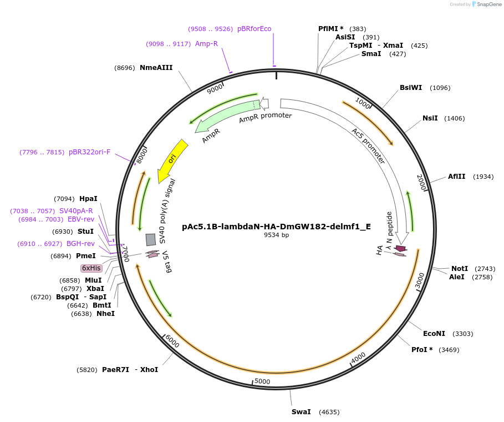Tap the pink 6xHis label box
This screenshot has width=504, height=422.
(91, 268)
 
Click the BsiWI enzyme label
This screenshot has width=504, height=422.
(411, 88)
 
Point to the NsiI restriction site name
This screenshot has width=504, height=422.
(430, 118)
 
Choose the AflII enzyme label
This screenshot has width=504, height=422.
(456, 177)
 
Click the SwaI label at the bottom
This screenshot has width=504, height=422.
(301, 412)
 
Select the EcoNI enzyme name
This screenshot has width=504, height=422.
(434, 334)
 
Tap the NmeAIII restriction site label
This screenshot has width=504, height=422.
(156, 68)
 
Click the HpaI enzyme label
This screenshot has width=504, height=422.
(88, 199)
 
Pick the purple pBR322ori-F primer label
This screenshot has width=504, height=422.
(89, 152)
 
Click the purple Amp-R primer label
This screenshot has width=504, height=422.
(206, 44)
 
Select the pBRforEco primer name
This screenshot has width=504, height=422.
(254, 29)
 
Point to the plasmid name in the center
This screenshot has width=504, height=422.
(276, 227)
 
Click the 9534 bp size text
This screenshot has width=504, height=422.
(276, 235)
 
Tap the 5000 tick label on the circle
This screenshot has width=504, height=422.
(262, 381)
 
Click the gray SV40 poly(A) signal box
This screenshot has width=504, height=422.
(150, 239)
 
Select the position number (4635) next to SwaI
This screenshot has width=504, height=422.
(328, 412)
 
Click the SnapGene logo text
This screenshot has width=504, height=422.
(486, 4)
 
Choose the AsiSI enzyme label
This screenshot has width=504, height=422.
(345, 37)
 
